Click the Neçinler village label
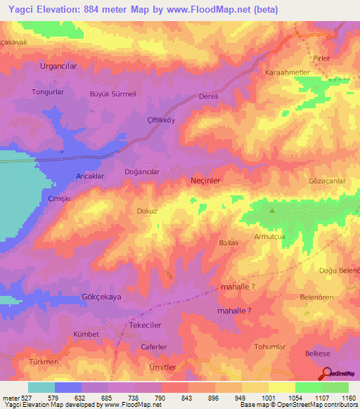[206, 181]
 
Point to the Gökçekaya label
[102, 297]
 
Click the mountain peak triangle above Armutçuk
[272, 210]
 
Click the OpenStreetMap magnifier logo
[327, 374]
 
